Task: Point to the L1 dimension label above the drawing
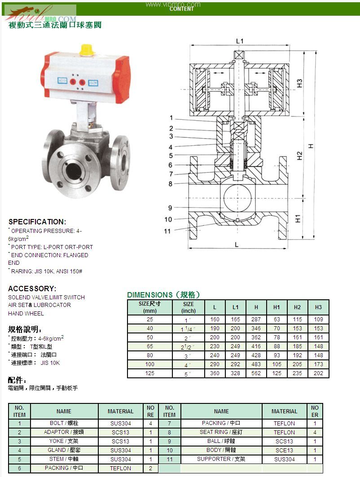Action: pyautogui.click(x=240, y=41)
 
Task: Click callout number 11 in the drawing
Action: pyautogui.click(x=167, y=231)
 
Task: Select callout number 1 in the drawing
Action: pyautogui.click(x=171, y=118)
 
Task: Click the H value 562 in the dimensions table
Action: pyautogui.click(x=256, y=373)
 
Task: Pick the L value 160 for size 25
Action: pyautogui.click(x=215, y=319)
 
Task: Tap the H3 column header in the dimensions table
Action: pyautogui.click(x=318, y=307)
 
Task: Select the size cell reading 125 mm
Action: pyautogui.click(x=149, y=373)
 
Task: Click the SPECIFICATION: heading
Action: pyautogui.click(x=37, y=222)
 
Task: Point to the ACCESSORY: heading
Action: pyautogui.click(x=32, y=289)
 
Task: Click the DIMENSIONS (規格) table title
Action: pyautogui.click(x=163, y=295)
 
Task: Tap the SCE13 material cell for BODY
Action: pyautogui.click(x=284, y=450)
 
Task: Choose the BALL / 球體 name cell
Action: pyautogui.click(x=221, y=441)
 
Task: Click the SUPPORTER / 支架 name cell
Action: pyautogui.click(x=221, y=459)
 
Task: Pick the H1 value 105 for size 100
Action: pyautogui.click(x=277, y=364)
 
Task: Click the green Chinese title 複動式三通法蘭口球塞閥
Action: pyautogui.click(x=55, y=25)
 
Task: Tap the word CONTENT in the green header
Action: pyautogui.click(x=182, y=9)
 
